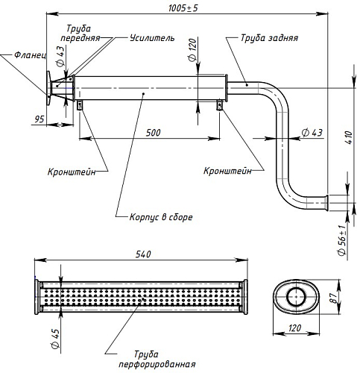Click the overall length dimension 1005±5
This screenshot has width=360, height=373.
[183, 8]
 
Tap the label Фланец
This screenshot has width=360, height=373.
[31, 54]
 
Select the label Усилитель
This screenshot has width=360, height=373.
[152, 38]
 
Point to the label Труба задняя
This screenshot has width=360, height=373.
[269, 38]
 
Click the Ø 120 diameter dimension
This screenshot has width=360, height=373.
[193, 50]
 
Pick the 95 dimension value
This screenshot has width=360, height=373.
[40, 119]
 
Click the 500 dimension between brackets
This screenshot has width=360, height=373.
[153, 133]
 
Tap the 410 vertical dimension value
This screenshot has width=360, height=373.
[349, 137]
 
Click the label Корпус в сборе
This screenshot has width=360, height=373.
[161, 217]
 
